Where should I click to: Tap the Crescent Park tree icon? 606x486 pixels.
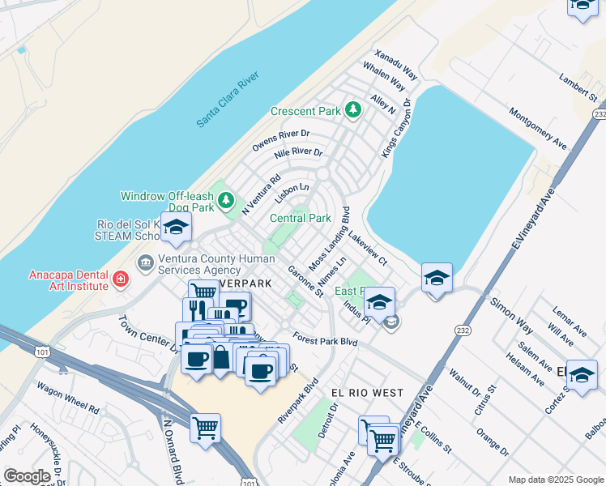(352, 109)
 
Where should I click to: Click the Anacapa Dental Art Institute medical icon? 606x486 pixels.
(121, 279)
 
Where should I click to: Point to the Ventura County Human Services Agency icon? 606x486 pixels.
(146, 262)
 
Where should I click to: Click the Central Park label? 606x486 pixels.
(300, 218)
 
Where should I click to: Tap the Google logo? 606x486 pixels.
(28, 476)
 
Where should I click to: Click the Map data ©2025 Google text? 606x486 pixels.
(555, 480)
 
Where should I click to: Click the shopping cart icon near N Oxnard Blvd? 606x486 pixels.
(205, 427)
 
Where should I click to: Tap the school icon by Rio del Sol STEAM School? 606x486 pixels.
(176, 228)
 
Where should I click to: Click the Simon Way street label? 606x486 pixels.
(511, 315)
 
